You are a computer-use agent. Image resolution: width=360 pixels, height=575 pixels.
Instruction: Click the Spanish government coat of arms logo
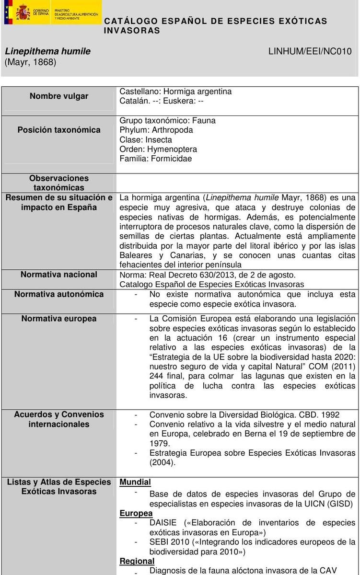tap(23, 12)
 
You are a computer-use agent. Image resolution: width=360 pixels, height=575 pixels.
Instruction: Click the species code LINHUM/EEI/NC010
tap(310, 52)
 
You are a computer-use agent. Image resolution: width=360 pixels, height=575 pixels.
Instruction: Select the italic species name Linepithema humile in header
tap(47, 52)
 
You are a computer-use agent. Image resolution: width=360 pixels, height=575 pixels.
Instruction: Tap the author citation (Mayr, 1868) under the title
tap(31, 62)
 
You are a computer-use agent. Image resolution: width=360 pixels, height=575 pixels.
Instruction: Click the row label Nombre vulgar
tap(59, 96)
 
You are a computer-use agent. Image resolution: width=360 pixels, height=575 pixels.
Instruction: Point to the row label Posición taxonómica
tap(59, 130)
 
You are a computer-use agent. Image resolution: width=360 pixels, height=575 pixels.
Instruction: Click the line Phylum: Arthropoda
tap(156, 130)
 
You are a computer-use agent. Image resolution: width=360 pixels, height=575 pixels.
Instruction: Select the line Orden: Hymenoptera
tap(158, 149)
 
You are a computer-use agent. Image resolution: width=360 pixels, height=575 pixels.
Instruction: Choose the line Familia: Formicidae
tap(155, 159)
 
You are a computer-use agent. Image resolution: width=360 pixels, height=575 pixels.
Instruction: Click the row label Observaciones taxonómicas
tap(59, 183)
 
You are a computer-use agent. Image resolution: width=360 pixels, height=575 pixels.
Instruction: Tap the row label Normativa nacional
tap(59, 275)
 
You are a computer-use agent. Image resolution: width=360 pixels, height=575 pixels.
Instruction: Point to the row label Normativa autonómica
tap(59, 294)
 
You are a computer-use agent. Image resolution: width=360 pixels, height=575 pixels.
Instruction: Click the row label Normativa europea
tap(59, 319)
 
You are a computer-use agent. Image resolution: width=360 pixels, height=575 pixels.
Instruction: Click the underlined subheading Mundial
tap(135, 482)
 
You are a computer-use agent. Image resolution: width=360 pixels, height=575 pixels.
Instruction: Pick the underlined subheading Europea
tap(136, 513)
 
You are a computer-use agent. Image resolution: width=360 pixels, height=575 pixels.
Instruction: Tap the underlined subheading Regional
tap(137, 561)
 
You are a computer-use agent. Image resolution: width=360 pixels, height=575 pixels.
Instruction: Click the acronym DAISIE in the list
tap(164, 523)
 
